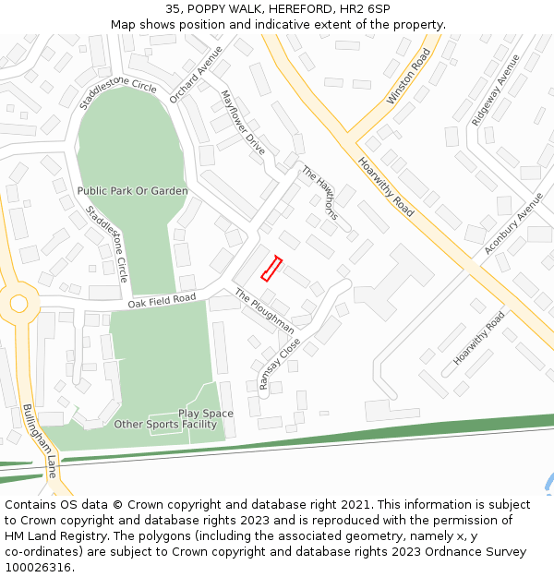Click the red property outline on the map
click(271, 268)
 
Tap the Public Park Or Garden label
click(132, 191)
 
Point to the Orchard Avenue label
click(196, 74)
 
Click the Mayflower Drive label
click(243, 123)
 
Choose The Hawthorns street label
click(320, 193)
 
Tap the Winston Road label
click(409, 77)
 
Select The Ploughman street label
click(264, 311)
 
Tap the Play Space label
click(205, 414)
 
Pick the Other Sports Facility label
click(165, 425)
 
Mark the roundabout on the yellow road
click(18, 302)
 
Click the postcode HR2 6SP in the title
click(365, 9)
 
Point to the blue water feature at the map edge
click(549, 484)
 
